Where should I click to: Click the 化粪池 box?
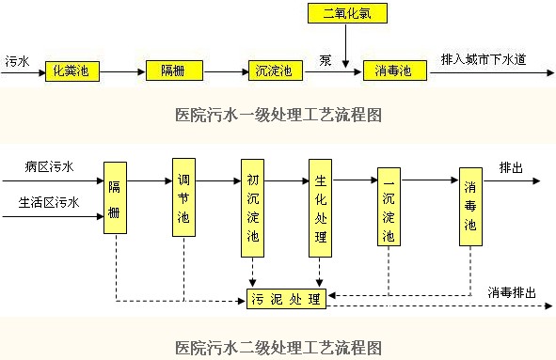point(72,70)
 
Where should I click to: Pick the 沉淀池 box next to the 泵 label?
point(274,70)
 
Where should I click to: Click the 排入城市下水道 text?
point(483,60)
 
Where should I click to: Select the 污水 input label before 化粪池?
point(17,60)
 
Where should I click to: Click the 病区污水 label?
point(49,167)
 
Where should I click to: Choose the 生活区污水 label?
point(49,202)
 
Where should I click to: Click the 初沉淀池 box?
point(251,208)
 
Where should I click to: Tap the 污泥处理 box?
point(286,301)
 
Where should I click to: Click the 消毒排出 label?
point(511,292)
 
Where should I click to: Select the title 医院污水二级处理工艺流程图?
point(278,347)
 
